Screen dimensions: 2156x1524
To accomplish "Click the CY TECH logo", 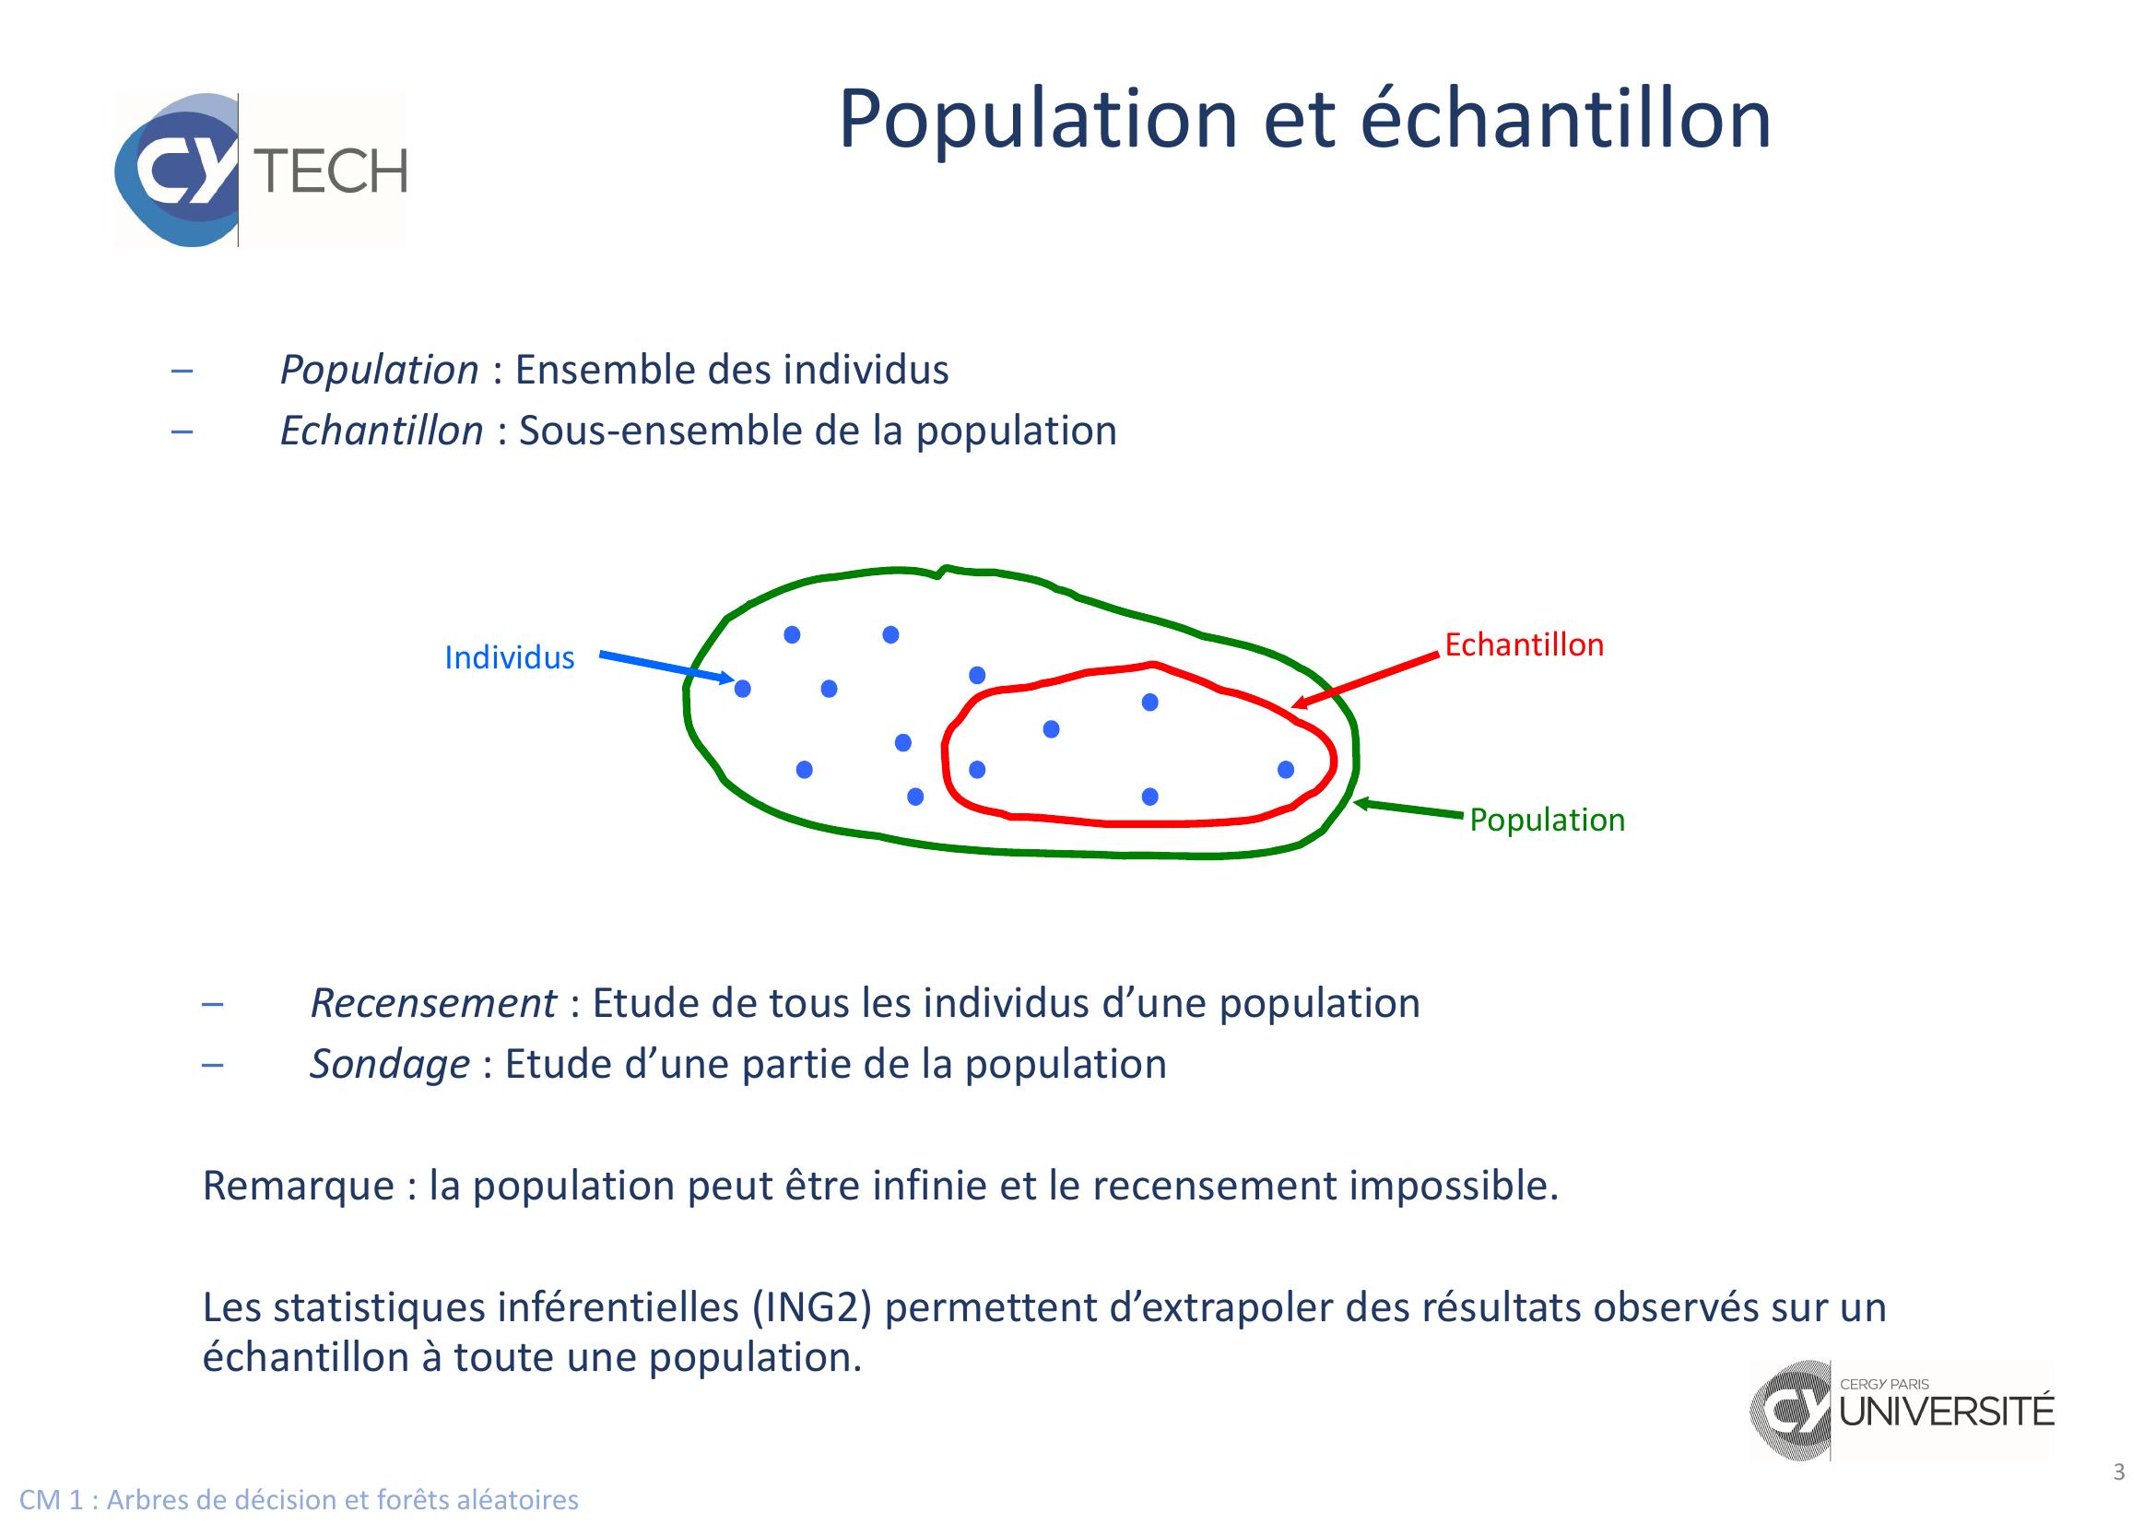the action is [261, 170].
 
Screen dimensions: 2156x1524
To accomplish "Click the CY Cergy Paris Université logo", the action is [1903, 1410].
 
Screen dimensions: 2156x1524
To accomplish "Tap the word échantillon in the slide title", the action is [1565, 119].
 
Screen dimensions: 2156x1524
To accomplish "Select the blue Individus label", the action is [509, 657].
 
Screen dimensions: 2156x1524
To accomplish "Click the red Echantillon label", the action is [1524, 644].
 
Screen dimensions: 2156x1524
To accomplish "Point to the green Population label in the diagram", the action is [1547, 820].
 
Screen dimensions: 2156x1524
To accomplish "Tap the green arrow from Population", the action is [1408, 809].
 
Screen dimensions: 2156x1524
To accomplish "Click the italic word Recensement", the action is [433, 1004].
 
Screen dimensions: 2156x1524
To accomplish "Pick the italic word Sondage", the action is [390, 1065].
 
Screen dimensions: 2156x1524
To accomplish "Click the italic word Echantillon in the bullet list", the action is [382, 431].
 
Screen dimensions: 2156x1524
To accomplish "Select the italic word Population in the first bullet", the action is [380, 370].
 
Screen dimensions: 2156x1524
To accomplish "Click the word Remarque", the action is [299, 1186].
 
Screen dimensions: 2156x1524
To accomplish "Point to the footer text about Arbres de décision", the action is [299, 1500].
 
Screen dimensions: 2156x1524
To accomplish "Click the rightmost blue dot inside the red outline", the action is [1286, 770].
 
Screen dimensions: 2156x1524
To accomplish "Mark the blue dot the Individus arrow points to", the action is [743, 690].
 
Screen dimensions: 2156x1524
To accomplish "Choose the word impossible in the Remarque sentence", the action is [1454, 1186].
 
